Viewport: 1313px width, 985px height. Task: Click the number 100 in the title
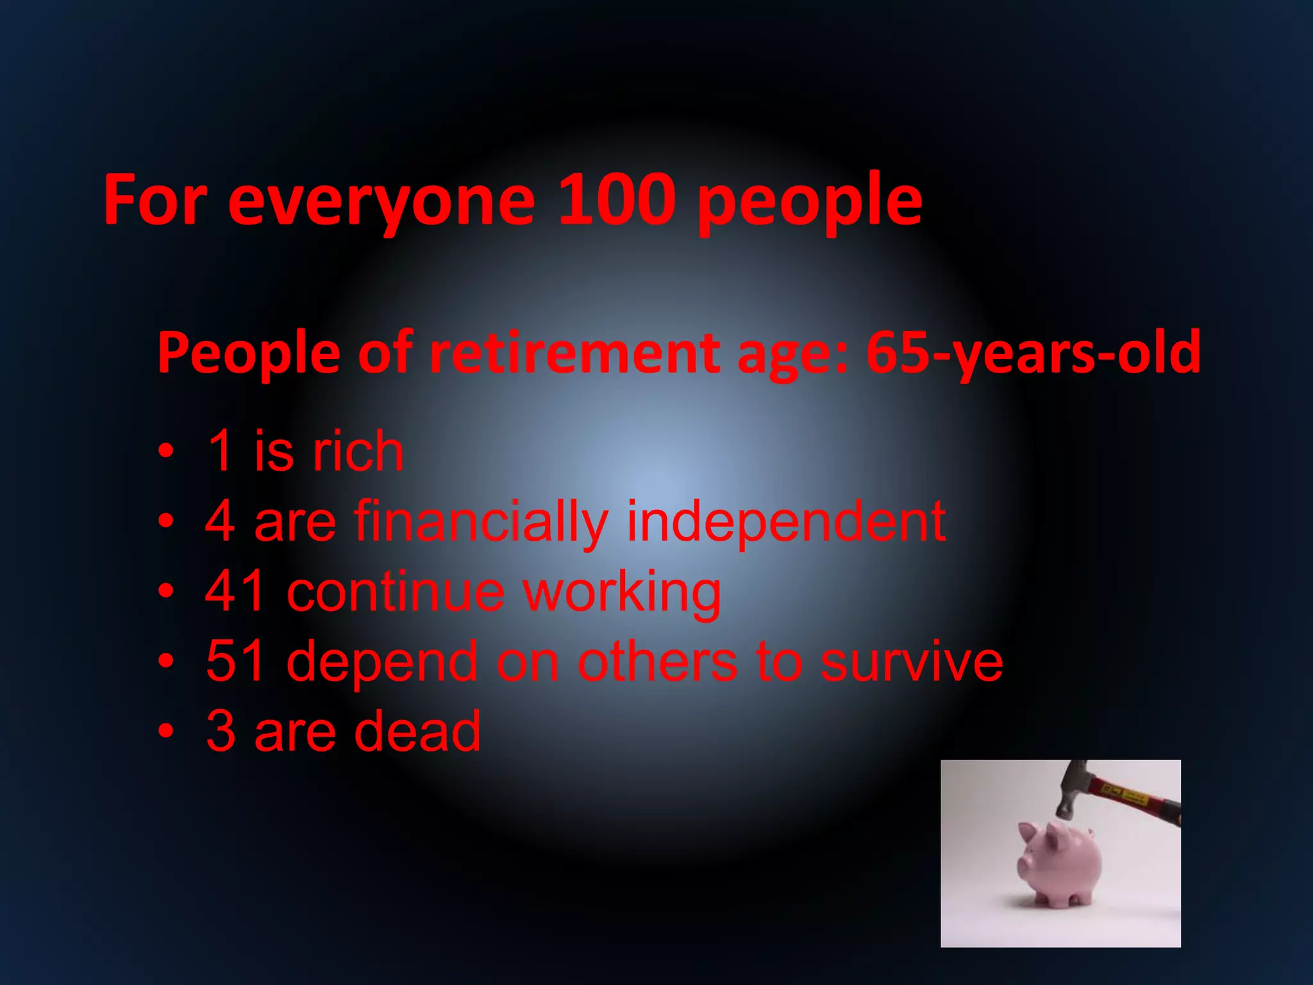coord(617,200)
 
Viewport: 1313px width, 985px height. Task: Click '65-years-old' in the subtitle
coord(1033,353)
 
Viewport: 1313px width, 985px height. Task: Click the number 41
coord(235,591)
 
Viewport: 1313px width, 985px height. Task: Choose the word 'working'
coord(622,593)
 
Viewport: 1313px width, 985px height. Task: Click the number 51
coord(235,661)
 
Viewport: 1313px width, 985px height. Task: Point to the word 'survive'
coord(912,661)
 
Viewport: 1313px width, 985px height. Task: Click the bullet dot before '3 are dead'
coord(166,731)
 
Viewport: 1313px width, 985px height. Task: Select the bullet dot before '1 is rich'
coord(166,451)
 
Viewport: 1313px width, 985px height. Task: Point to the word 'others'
coord(657,661)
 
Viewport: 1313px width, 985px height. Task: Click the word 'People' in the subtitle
coord(249,353)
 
